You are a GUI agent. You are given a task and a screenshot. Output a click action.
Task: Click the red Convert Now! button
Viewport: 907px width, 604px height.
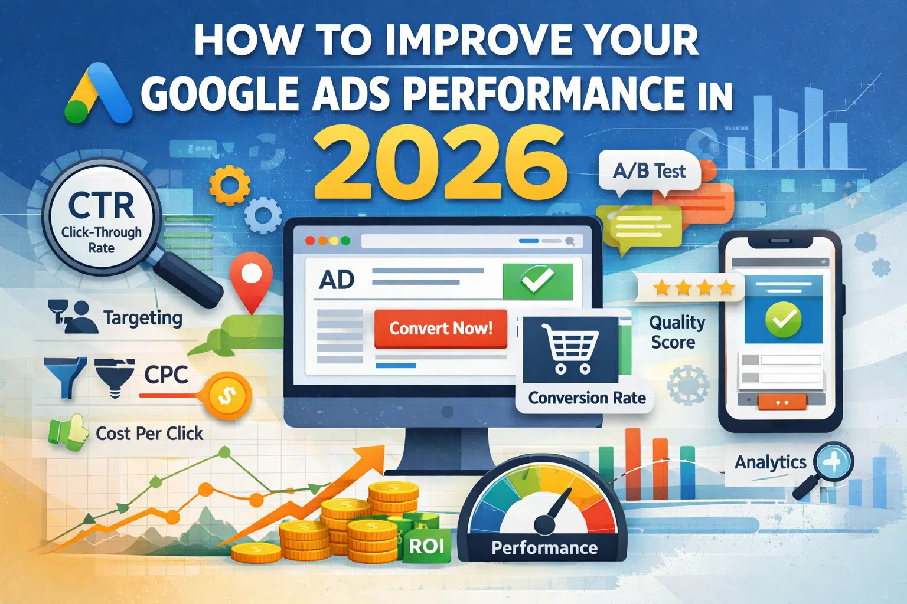(x=441, y=329)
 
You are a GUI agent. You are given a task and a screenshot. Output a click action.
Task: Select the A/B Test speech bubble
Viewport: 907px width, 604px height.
(x=649, y=172)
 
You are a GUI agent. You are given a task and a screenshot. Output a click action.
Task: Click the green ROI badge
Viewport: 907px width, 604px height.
(x=427, y=546)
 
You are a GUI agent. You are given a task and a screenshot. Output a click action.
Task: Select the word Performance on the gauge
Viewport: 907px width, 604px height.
(x=544, y=548)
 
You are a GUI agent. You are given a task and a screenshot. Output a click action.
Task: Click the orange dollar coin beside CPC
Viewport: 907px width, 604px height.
(x=227, y=395)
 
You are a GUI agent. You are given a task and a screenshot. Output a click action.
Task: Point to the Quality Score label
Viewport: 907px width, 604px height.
(x=677, y=332)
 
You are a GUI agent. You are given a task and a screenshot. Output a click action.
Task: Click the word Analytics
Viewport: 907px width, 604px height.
(x=770, y=462)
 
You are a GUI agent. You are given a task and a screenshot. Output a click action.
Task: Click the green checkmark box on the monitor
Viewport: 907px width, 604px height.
(x=537, y=281)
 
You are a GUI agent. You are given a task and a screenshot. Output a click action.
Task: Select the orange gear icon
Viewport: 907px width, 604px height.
(x=230, y=185)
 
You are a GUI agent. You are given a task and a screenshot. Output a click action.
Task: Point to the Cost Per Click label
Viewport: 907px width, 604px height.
(x=149, y=434)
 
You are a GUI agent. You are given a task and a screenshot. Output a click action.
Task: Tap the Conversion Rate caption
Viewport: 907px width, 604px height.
(x=587, y=398)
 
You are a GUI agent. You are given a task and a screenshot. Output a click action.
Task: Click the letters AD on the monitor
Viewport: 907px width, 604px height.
(x=337, y=280)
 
